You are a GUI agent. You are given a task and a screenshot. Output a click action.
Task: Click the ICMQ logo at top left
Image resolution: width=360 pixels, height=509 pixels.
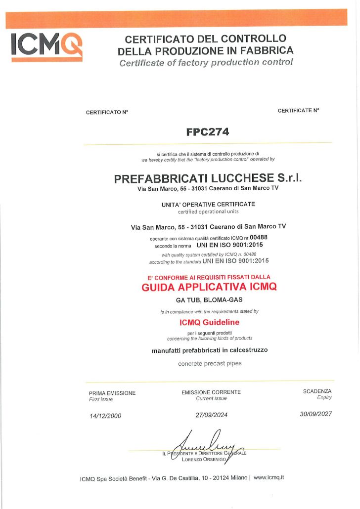(x=46, y=45)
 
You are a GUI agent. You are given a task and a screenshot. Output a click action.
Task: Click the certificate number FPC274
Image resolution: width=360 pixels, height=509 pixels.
(x=208, y=132)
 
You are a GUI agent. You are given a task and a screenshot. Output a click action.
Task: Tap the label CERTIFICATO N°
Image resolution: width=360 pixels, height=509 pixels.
(x=107, y=112)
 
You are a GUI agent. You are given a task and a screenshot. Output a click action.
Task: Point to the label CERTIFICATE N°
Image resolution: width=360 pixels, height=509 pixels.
(x=298, y=111)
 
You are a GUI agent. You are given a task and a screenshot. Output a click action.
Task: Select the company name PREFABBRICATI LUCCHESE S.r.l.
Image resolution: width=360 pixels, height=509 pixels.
(x=208, y=178)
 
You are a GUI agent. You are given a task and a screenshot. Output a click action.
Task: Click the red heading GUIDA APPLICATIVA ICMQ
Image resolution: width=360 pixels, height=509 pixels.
(x=209, y=287)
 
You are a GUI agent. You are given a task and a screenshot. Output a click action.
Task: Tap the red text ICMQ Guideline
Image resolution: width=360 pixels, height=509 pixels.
(x=210, y=322)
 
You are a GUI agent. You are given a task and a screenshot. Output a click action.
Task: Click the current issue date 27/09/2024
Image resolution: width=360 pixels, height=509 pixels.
(x=212, y=415)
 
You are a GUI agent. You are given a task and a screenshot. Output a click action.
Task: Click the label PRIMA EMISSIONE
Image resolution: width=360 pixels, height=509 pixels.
(x=112, y=393)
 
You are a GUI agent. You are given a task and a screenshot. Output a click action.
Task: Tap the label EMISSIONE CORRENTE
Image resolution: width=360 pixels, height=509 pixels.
(x=211, y=392)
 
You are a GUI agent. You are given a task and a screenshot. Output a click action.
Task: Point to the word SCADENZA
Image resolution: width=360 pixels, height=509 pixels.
(x=317, y=391)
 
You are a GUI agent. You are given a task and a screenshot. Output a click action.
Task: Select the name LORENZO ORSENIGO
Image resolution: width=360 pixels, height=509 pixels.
(x=204, y=460)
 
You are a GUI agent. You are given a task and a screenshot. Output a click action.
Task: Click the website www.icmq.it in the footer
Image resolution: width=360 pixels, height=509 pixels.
(x=269, y=477)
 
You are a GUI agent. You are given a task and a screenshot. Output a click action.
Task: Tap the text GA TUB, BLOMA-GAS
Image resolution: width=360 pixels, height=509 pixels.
(x=209, y=300)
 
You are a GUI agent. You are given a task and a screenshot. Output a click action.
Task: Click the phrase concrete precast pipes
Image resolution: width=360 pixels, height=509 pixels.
(x=210, y=364)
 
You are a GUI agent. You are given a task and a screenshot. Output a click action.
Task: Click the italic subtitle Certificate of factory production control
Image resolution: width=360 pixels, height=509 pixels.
(x=206, y=62)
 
